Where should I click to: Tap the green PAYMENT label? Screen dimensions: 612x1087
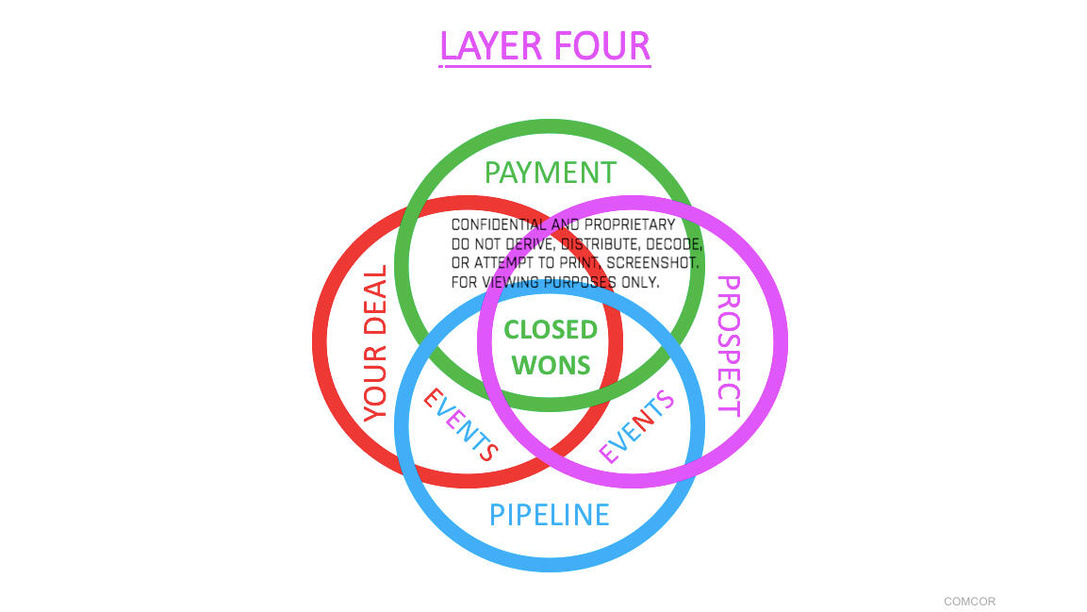[x=550, y=173]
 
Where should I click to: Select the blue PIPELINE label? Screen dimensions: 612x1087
[x=549, y=514]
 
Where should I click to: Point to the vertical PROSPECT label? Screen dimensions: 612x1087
[x=729, y=345]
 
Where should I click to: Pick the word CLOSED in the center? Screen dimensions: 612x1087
[x=551, y=329]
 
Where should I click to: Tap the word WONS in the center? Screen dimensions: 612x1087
[x=551, y=365]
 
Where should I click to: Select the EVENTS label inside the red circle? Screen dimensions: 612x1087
[x=459, y=425]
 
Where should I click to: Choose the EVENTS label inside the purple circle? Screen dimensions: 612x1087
[x=637, y=426]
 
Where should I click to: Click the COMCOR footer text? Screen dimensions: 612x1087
[x=969, y=601]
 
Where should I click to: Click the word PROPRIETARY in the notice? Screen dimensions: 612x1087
[x=630, y=224]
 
